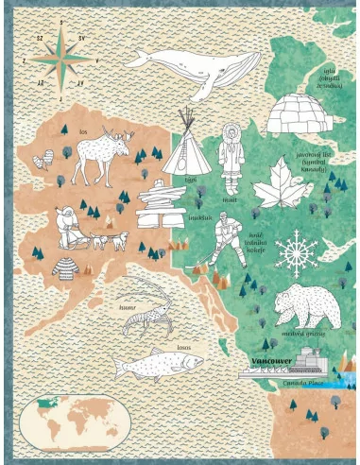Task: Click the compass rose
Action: pos(60,59)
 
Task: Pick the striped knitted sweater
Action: pos(67,266)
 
